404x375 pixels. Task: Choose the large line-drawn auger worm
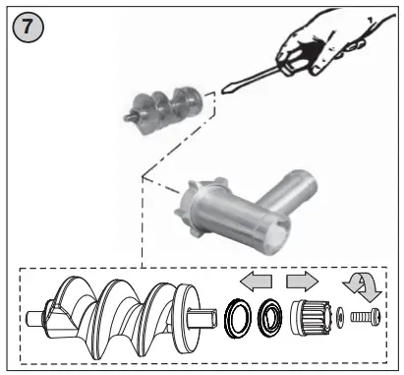pyautogui.click(x=117, y=314)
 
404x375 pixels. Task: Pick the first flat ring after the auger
pyautogui.click(x=238, y=320)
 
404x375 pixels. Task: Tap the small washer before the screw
pyautogui.click(x=340, y=318)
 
